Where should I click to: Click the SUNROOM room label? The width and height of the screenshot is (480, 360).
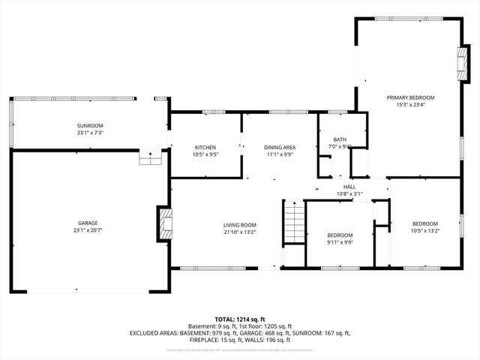point(89,125)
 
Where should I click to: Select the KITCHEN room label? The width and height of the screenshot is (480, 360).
point(205,147)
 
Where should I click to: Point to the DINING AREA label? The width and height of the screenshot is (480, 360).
point(279,147)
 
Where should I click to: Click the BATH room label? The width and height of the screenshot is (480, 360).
point(340,139)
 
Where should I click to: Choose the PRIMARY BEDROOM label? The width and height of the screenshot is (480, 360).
point(410,97)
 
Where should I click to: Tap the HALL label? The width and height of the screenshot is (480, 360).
point(349,187)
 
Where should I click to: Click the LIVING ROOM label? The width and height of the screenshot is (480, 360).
point(239,225)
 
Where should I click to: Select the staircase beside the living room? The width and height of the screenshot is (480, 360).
point(295,223)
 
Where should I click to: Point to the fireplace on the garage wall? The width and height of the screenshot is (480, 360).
point(164,223)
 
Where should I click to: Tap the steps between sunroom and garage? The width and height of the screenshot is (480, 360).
point(150,158)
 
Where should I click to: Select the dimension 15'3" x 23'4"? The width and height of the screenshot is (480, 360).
point(410,105)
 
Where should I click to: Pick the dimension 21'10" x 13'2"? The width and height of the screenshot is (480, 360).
point(239,232)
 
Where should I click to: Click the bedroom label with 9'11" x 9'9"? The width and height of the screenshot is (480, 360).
point(340,235)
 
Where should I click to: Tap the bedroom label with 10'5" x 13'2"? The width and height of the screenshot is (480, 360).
point(424,223)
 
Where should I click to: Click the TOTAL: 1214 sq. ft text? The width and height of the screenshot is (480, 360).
point(239,319)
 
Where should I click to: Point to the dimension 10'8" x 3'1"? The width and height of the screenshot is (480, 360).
point(349,194)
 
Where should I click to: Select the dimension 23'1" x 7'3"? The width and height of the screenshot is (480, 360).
point(89,133)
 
